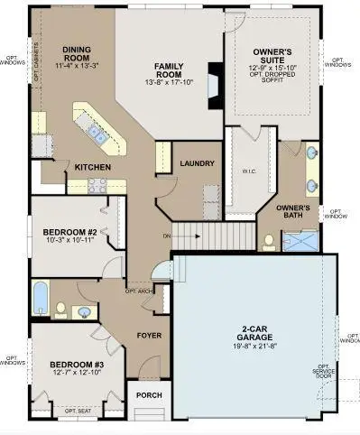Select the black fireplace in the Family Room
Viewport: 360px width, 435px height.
pos(214,87)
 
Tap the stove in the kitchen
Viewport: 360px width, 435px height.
pos(97,184)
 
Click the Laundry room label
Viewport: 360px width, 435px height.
pos(197,163)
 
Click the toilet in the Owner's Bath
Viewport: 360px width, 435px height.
pos(269,241)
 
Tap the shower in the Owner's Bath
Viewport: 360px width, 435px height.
pos(301,240)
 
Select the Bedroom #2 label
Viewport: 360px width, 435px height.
pos(66,232)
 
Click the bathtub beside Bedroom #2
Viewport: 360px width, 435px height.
pos(40,299)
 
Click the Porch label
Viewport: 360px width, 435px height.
pos(148,394)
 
